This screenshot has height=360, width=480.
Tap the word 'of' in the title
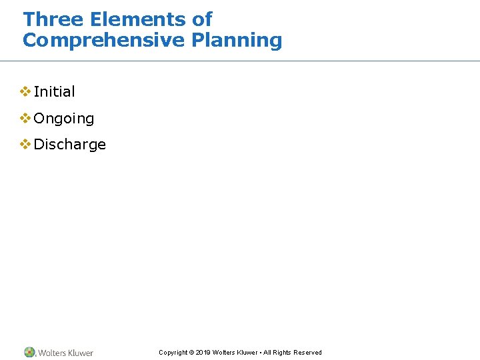pyautogui.click(x=202, y=19)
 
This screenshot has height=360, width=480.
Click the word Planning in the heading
pyautogui.click(x=237, y=41)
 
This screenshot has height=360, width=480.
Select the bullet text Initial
pyautogui.click(x=54, y=91)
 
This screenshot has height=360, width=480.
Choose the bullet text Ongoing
pyautogui.click(x=63, y=119)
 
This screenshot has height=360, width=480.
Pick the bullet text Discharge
pyautogui.click(x=69, y=145)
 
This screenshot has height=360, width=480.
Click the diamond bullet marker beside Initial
pyautogui.click(x=25, y=91)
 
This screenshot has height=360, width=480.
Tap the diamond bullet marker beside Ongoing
pyautogui.click(x=25, y=118)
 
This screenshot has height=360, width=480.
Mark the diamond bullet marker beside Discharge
pyautogui.click(x=25, y=144)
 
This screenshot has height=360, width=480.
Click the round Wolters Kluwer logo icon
pyautogui.click(x=29, y=352)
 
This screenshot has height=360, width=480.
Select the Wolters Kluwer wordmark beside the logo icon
pyautogui.click(x=65, y=353)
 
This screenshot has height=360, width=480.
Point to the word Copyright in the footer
pyautogui.click(x=173, y=353)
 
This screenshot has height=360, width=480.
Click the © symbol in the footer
pyautogui.click(x=191, y=353)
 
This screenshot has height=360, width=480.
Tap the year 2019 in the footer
pyautogui.click(x=203, y=353)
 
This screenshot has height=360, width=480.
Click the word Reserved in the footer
pyautogui.click(x=308, y=353)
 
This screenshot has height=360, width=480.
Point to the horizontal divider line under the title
pyautogui.click(x=240, y=61)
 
